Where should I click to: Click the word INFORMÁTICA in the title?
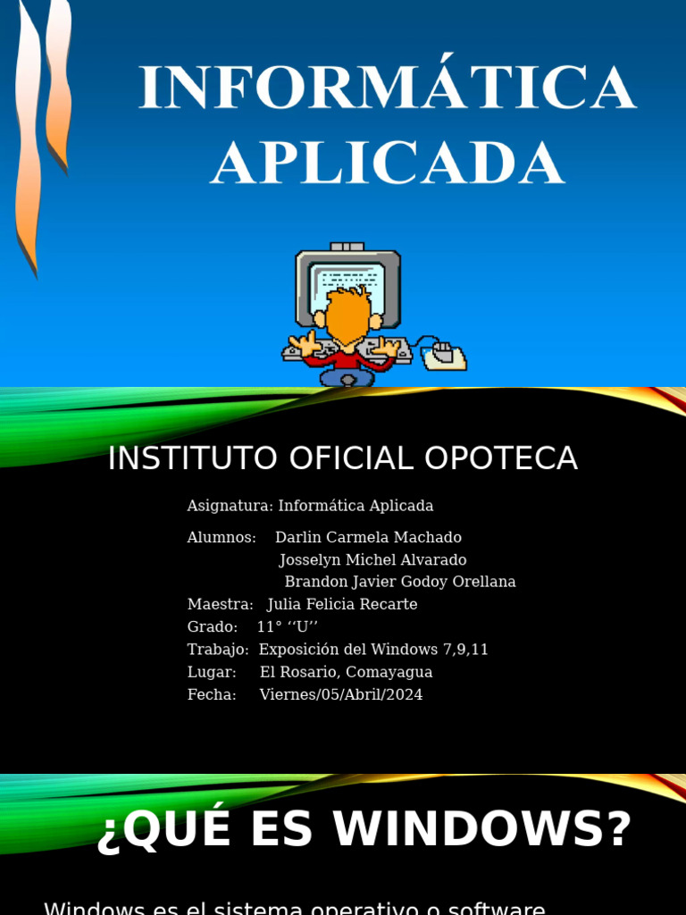pos(387,88)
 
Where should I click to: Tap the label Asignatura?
pos(230,506)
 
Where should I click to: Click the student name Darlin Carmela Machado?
pos(368,537)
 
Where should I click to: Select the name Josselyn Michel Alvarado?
pos(372,559)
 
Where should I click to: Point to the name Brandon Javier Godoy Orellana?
pos(400,582)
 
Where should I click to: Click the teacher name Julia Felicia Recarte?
pos(342,604)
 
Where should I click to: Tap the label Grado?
pos(213,626)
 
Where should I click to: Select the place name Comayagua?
pos(389,672)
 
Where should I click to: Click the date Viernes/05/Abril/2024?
pos(341,694)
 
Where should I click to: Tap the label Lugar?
pos(212,672)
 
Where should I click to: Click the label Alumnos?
pos(222,537)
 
